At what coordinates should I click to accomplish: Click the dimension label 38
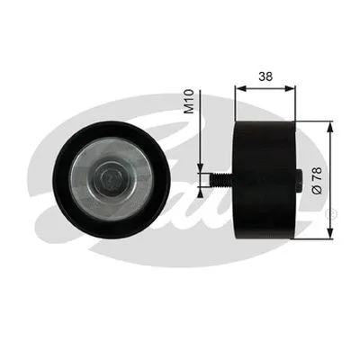tap(265, 77)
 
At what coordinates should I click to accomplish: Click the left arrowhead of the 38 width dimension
tap(238, 88)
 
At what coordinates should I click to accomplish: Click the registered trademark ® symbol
tap(332, 213)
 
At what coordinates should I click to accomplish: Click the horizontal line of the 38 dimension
tap(265, 88)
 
